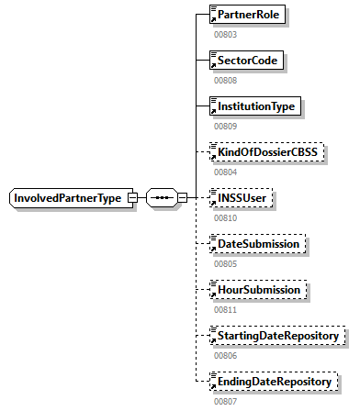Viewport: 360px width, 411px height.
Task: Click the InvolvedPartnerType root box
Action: coord(67,198)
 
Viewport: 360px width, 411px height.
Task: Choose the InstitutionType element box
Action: coord(255,106)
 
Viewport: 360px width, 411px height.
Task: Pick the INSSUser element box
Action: coord(244,198)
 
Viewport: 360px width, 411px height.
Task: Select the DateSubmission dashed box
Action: coord(257,244)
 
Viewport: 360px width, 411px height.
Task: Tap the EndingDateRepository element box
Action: coord(274,380)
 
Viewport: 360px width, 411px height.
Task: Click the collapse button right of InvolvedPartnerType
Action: coord(133,198)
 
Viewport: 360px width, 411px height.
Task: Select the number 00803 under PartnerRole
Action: coord(226,34)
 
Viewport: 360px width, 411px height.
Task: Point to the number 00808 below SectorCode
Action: coord(226,80)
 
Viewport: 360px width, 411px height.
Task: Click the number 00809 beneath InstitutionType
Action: coord(226,126)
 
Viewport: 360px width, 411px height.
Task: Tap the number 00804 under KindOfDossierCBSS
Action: coord(226,172)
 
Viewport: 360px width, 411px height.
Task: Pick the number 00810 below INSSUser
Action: coord(226,217)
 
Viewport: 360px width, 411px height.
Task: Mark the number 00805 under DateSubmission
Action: coord(226,263)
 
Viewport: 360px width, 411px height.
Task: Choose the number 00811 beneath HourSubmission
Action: coord(226,309)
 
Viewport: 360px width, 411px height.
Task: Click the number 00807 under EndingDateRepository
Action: coord(226,400)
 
